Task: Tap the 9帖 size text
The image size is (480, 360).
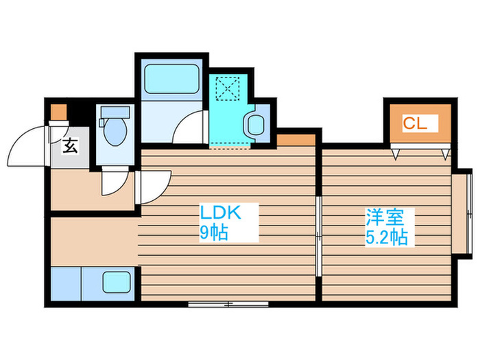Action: [x=213, y=232]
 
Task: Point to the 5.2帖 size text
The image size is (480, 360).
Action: [x=386, y=238]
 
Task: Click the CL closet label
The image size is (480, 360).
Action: [x=415, y=124]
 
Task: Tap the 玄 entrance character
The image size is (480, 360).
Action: [x=71, y=146]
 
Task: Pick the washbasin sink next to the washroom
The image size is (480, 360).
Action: [x=255, y=124]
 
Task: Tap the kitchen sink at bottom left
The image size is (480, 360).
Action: [x=117, y=282]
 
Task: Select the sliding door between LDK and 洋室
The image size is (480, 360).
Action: [x=320, y=237]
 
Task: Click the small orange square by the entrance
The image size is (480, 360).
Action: [x=59, y=110]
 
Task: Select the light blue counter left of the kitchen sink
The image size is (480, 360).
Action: [x=66, y=282]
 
